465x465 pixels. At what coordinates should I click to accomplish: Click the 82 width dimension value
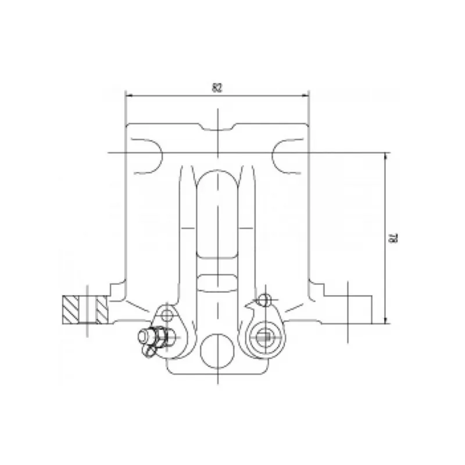[x=217, y=88]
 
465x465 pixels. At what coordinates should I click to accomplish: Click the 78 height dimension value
[x=394, y=238]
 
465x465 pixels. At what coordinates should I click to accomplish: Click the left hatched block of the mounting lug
[x=70, y=310]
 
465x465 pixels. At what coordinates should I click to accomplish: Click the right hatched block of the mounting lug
[x=102, y=310]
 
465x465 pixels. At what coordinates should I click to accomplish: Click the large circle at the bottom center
[x=217, y=351]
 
